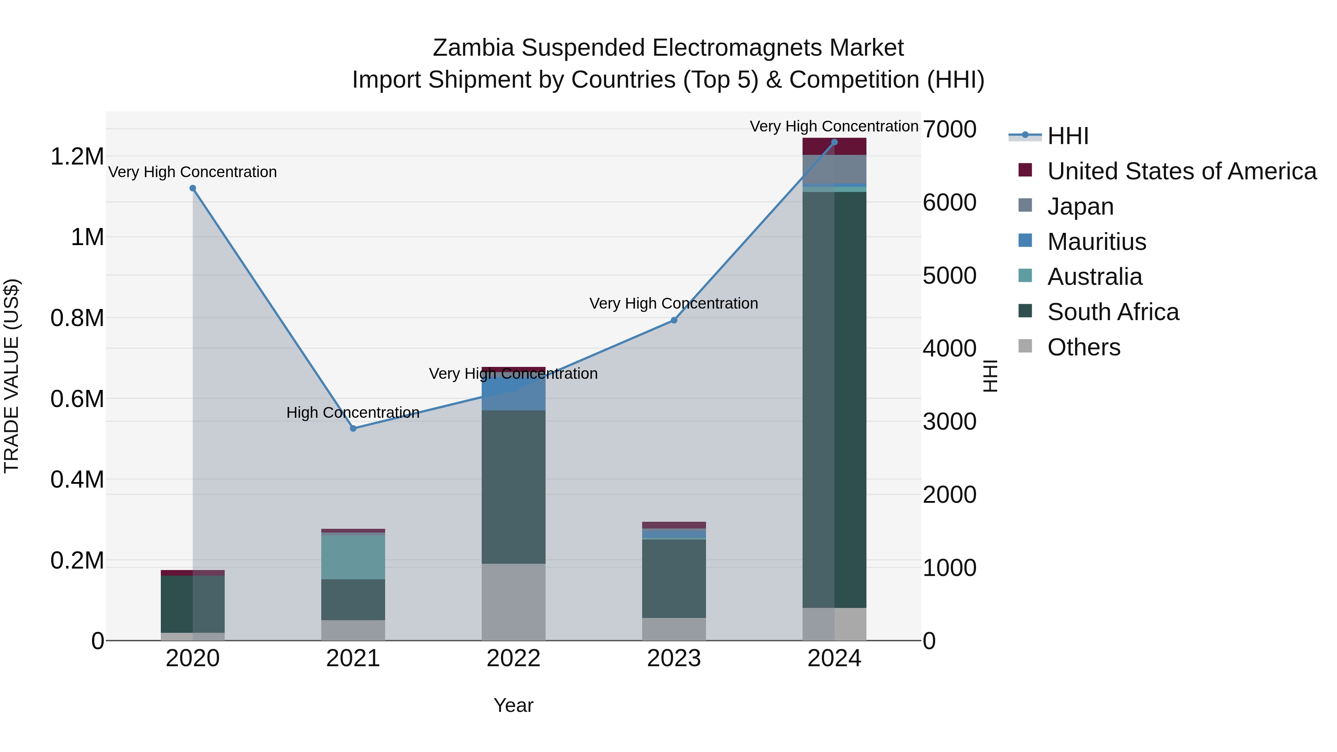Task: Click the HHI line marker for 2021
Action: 353,428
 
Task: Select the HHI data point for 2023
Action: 674,320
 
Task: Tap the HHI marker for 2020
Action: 192,188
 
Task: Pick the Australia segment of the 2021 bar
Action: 353,557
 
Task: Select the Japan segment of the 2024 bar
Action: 834,169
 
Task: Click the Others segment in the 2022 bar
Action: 513,602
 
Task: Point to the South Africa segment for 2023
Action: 674,578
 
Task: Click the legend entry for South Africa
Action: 1112,312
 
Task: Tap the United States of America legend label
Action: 1181,171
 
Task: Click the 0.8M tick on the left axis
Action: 77,318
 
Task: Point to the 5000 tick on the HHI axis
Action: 949,276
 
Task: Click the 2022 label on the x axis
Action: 513,658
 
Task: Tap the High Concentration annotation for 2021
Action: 353,413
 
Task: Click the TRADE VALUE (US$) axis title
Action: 12,376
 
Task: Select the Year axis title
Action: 513,705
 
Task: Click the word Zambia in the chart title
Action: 473,48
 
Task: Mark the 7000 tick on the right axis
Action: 949,129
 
